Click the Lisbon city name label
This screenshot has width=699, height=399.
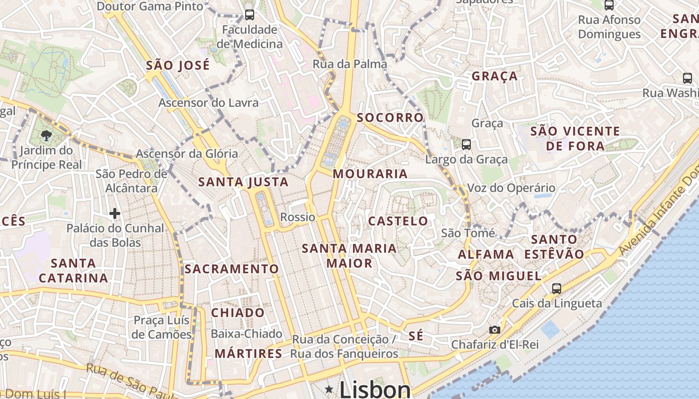click(x=375, y=390)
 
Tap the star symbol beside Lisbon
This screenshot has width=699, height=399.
click(x=329, y=389)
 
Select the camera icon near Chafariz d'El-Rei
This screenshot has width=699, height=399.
click(x=494, y=330)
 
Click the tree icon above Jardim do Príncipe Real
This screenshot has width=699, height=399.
click(x=46, y=135)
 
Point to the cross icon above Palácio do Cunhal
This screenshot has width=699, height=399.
click(x=115, y=213)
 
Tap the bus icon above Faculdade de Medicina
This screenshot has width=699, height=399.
click(x=250, y=14)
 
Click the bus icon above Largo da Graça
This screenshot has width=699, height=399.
click(x=466, y=145)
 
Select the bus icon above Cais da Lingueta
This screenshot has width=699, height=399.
click(x=556, y=288)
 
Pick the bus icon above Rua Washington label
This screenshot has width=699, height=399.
click(x=688, y=78)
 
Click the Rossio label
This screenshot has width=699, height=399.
click(x=298, y=217)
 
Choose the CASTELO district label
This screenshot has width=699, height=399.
click(x=398, y=221)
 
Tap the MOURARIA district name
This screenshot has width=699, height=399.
click(x=370, y=174)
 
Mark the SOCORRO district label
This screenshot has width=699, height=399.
click(x=390, y=118)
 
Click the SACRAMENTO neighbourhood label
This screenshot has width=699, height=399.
click(x=232, y=269)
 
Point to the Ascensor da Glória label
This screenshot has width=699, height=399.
click(x=187, y=154)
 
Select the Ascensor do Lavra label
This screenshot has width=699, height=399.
click(x=208, y=103)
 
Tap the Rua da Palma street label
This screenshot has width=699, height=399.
click(x=349, y=64)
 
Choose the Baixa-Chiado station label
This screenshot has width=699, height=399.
click(x=247, y=334)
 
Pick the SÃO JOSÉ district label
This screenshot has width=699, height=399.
click(x=178, y=65)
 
